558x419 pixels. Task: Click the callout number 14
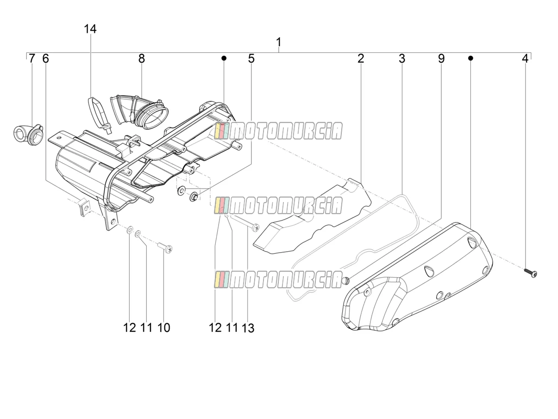90,29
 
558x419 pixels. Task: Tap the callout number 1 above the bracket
279,42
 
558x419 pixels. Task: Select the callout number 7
31,58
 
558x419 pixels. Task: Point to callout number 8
142,58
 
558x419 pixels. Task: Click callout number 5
251,58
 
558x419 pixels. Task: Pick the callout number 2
360,58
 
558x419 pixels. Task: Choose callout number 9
441,58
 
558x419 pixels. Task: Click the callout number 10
164,328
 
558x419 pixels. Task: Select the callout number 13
248,328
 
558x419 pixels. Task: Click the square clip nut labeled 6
84,207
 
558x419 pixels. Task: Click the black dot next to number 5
224,58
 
